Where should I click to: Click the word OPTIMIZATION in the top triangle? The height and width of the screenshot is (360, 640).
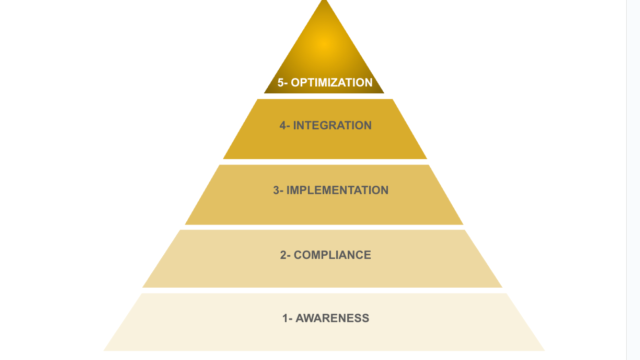tap(331, 82)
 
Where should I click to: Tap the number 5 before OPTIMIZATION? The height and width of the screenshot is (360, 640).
tap(280, 82)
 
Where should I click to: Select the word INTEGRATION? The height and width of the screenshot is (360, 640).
tap(332, 125)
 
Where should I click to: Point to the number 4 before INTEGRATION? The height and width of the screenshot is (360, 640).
tap(283, 125)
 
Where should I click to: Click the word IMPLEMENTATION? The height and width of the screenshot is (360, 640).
tap(337, 190)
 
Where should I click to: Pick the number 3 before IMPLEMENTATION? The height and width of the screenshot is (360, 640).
tap(276, 190)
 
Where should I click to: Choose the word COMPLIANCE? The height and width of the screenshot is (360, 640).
tap(332, 255)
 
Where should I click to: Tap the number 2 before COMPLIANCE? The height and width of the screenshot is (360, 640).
tap(283, 255)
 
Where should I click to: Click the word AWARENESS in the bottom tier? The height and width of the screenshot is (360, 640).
tap(332, 318)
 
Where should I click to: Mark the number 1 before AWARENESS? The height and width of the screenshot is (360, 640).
tap(285, 318)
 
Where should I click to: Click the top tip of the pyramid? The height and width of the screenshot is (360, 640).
tap(324, 2)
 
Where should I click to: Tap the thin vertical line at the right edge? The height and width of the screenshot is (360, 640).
tap(626, 180)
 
